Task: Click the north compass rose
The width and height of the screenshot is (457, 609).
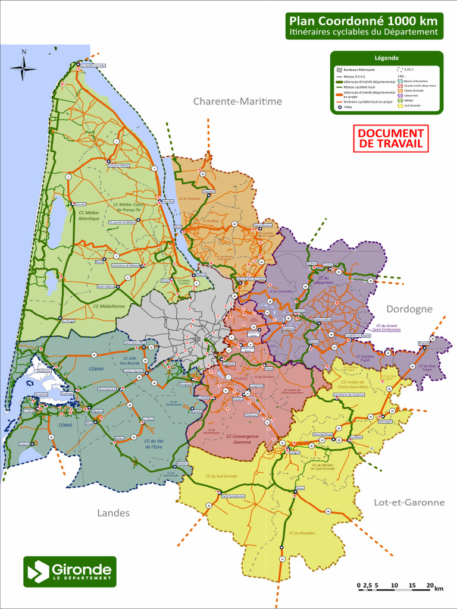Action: click(x=23, y=67)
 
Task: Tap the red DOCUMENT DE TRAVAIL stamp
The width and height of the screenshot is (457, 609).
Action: click(x=390, y=139)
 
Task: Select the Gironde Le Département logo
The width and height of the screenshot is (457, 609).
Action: click(x=70, y=572)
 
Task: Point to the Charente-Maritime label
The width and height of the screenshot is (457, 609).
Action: click(x=237, y=102)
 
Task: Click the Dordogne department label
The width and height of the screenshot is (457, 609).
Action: click(x=409, y=309)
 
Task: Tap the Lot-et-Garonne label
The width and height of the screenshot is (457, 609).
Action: click(x=409, y=503)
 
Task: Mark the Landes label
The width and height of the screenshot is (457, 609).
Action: click(x=113, y=513)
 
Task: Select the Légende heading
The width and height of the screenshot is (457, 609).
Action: click(x=386, y=58)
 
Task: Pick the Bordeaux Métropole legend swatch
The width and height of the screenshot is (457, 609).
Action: click(x=339, y=70)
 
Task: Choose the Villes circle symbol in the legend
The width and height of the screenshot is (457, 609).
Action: click(x=339, y=108)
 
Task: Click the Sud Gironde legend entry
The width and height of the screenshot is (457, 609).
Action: click(x=412, y=105)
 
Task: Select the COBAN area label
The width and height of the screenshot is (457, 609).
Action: click(x=96, y=369)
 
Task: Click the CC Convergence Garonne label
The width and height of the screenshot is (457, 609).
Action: click(x=242, y=440)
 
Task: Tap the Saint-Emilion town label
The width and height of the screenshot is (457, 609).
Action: click(x=323, y=319)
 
